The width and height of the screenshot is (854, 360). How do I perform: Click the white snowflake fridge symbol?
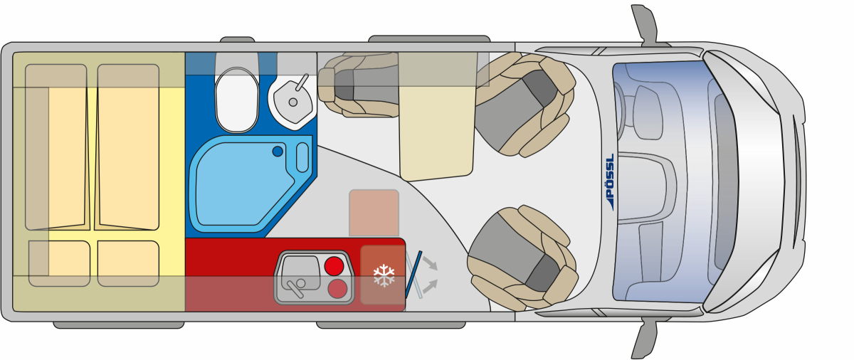click(x=384, y=275)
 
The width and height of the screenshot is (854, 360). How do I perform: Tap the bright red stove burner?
click(x=334, y=266)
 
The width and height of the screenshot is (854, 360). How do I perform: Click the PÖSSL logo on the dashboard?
click(x=611, y=181)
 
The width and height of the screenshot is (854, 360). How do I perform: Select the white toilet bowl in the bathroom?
click(x=237, y=100)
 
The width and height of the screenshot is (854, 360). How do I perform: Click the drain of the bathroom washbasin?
click(x=292, y=102)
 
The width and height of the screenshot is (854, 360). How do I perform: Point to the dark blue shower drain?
click(x=278, y=152)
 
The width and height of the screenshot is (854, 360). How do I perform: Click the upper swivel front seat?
click(x=525, y=105)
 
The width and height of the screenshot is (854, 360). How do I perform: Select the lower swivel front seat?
click(x=522, y=258)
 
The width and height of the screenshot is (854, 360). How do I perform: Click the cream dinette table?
click(x=437, y=116)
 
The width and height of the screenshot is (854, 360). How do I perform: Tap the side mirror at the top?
click(x=645, y=25)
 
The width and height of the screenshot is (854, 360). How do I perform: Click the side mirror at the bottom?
click(x=645, y=337)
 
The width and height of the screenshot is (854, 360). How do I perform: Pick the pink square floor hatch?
click(x=374, y=213)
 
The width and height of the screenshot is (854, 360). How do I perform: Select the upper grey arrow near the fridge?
click(x=430, y=263)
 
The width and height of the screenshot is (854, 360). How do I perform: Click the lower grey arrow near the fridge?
click(x=430, y=287)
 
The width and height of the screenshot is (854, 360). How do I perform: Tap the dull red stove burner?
click(x=337, y=288)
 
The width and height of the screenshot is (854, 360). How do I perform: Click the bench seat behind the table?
click(x=358, y=84)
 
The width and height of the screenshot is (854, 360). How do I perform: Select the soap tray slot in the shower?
click(x=302, y=157)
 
